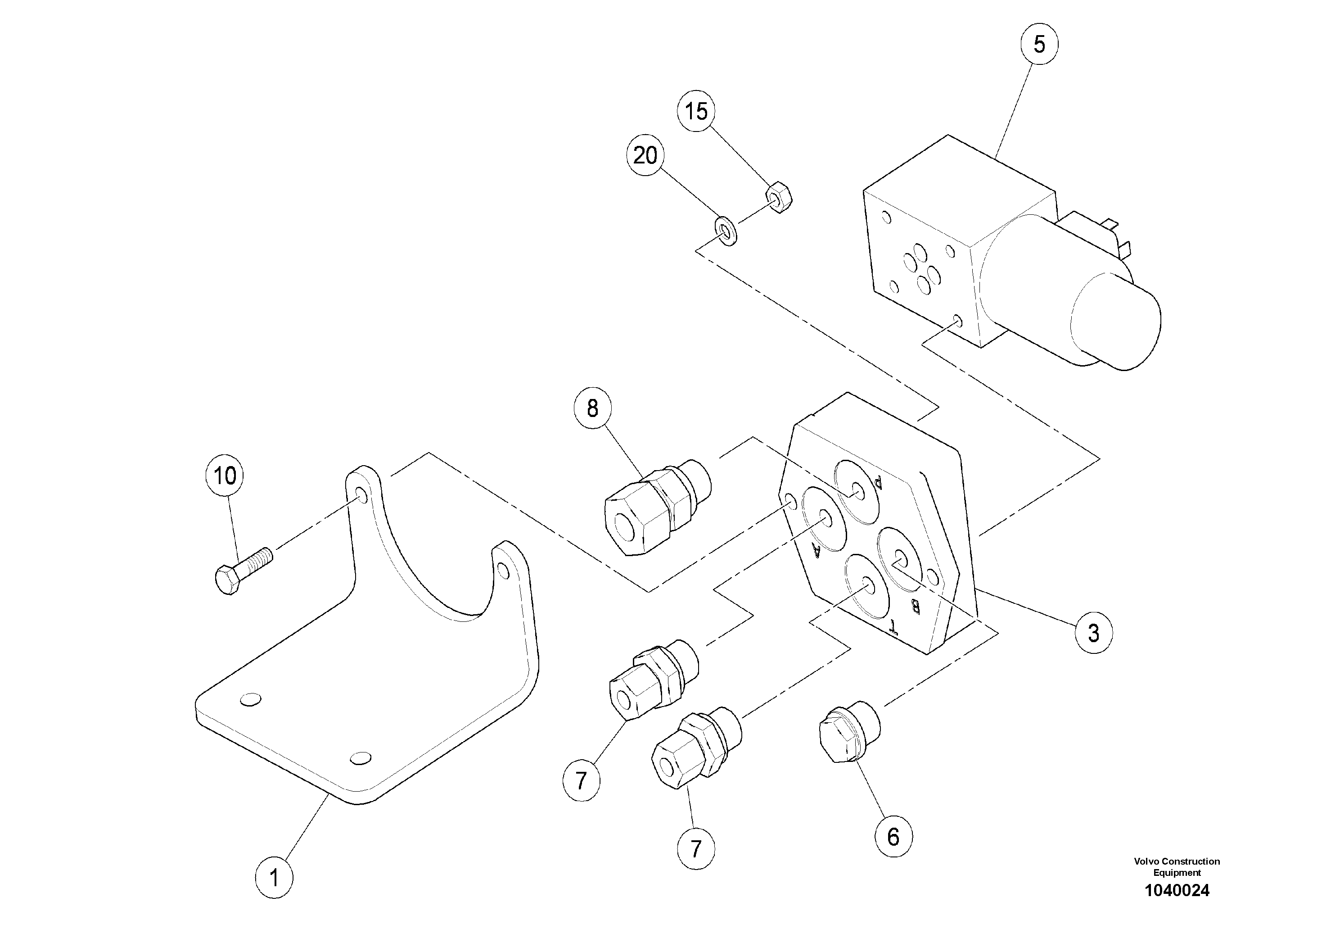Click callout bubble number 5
point(1039,44)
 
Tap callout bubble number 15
point(696,111)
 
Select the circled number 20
point(645,155)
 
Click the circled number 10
point(225,476)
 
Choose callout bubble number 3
point(1093,633)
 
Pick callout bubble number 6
point(893,837)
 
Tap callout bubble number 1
point(274,878)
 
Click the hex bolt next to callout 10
point(242,570)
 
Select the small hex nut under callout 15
point(778,198)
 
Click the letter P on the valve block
point(877,482)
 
